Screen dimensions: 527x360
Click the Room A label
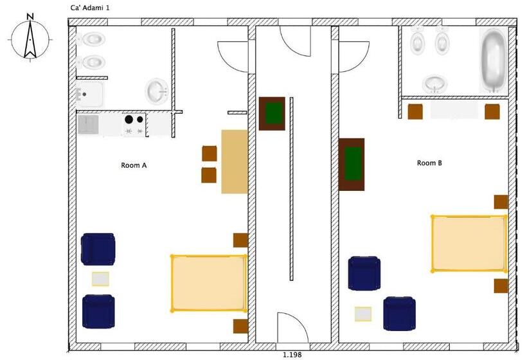click(x=134, y=165)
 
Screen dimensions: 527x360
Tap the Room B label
click(x=429, y=163)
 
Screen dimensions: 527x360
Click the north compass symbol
click(x=30, y=38)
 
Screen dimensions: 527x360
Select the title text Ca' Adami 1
click(x=90, y=8)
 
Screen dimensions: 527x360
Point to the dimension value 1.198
click(x=292, y=355)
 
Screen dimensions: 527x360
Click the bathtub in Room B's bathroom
click(x=493, y=60)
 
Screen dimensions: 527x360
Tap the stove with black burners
click(x=134, y=125)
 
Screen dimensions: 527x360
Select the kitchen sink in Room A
click(x=88, y=124)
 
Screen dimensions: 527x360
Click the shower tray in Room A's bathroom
click(x=89, y=94)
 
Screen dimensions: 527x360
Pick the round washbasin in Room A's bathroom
click(x=157, y=91)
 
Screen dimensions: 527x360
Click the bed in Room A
click(x=209, y=283)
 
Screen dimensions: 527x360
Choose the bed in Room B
click(x=469, y=244)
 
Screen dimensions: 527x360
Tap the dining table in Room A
click(x=235, y=162)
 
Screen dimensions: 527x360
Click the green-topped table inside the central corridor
click(x=272, y=114)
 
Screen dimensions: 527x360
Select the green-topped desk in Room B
click(x=352, y=165)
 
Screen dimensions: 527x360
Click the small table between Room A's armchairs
click(x=100, y=279)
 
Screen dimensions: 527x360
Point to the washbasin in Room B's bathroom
click(x=435, y=84)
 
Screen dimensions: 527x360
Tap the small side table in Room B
click(x=363, y=314)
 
